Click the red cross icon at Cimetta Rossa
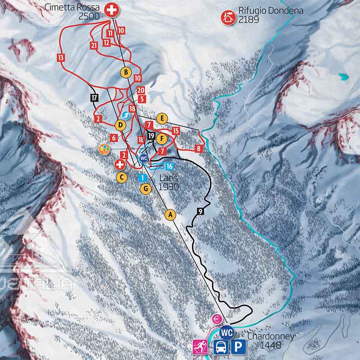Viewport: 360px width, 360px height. tap(111, 10)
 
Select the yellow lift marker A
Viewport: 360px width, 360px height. tap(170, 215)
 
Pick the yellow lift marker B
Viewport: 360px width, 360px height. tap(126, 72)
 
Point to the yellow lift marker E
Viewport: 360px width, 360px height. tap(162, 118)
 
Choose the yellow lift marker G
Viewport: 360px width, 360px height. tap(145, 189)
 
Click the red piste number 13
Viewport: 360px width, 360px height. tap(61, 57)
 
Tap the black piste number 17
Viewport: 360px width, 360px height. tap(94, 97)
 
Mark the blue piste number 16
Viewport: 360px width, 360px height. tap(170, 166)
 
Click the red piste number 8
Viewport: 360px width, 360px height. tap(198, 148)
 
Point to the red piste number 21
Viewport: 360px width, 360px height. tap(94, 45)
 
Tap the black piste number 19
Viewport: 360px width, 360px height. tap(151, 135)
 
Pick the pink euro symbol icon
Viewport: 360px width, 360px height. tap(217, 319)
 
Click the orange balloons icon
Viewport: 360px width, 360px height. tap(104, 149)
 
